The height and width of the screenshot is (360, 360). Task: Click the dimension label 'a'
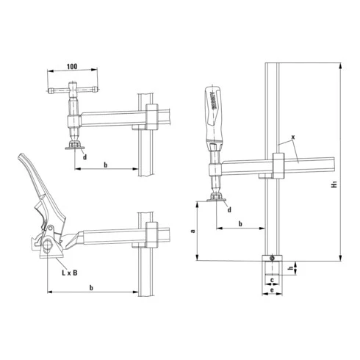[192, 231]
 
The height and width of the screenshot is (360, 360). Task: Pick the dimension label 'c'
[272, 280]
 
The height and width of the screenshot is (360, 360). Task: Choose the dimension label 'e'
[272, 292]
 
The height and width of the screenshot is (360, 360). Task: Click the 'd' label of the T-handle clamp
[85, 156]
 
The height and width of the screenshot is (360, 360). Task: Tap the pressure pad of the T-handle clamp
[73, 145]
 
